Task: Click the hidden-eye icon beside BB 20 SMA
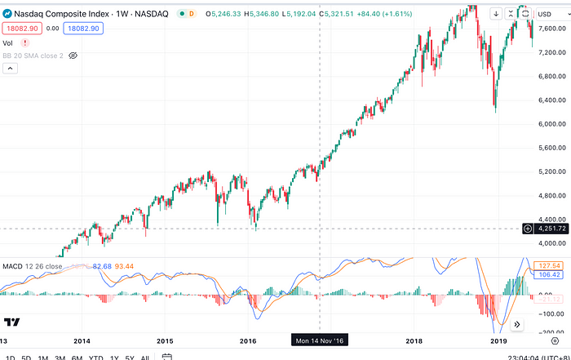73,56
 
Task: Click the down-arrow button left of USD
494,13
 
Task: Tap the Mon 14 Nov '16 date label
320,340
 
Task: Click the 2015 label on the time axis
166,340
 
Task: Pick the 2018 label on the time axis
414,340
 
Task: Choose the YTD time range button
96,357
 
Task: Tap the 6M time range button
77,357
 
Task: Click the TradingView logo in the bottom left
12,322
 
